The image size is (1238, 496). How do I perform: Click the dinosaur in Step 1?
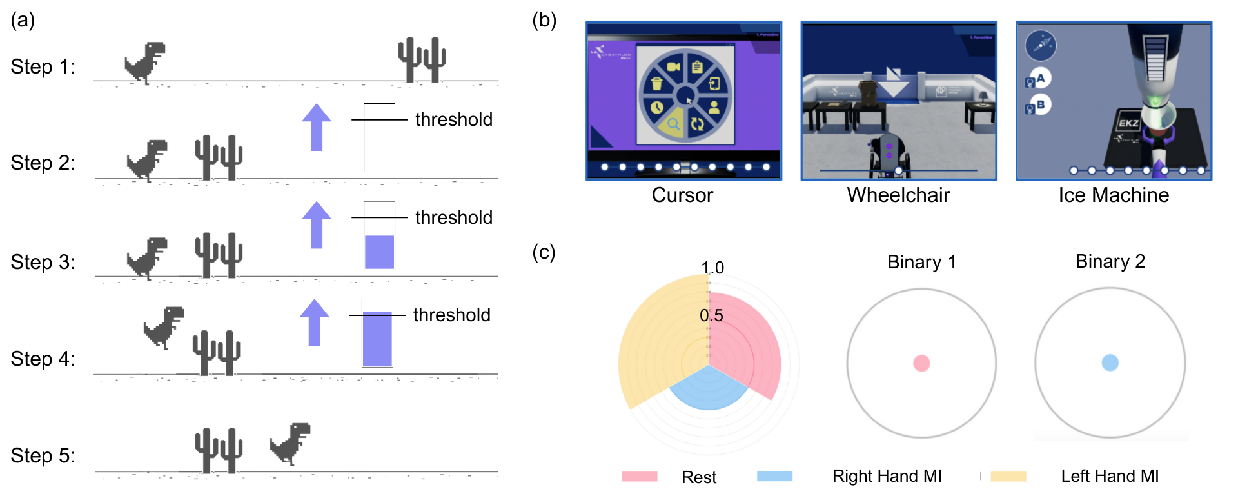145,62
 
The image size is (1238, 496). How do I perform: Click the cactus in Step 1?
422,59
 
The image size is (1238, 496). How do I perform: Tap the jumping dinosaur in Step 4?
164,327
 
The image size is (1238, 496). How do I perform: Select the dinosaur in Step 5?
290,443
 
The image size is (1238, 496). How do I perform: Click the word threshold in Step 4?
451,315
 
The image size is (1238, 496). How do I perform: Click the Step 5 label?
43,455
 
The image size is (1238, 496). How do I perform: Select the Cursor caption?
682,195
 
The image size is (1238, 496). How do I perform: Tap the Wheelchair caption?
898,195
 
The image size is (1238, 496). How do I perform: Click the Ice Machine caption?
1114,195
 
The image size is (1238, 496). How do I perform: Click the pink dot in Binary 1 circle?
921,363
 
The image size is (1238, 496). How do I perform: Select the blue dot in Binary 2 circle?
1110,362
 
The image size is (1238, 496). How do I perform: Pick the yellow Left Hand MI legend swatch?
1008,477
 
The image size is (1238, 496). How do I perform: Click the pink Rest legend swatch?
639,477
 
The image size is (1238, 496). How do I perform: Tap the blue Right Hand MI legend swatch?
774,477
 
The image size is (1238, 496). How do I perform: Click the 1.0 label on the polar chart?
712,268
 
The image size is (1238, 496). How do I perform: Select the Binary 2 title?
1110,261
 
